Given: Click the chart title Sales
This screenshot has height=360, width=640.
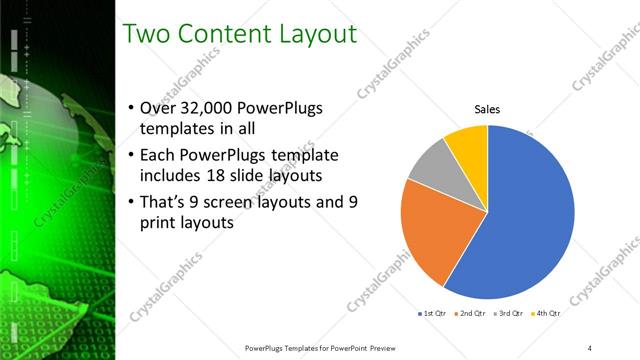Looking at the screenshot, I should point(487,109).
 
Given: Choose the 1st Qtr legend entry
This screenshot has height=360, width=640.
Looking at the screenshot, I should point(432,313).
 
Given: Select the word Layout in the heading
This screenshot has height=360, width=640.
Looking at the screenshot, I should point(320,34).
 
